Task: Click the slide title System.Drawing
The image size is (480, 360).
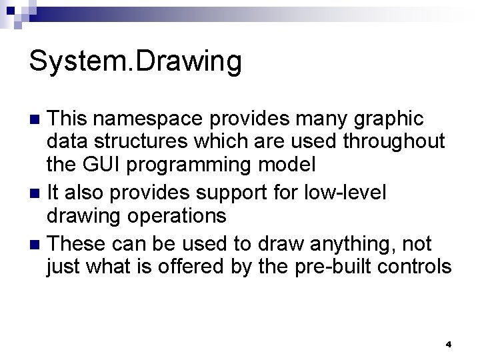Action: pyautogui.click(x=135, y=62)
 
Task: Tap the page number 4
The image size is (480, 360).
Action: pyautogui.click(x=449, y=345)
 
